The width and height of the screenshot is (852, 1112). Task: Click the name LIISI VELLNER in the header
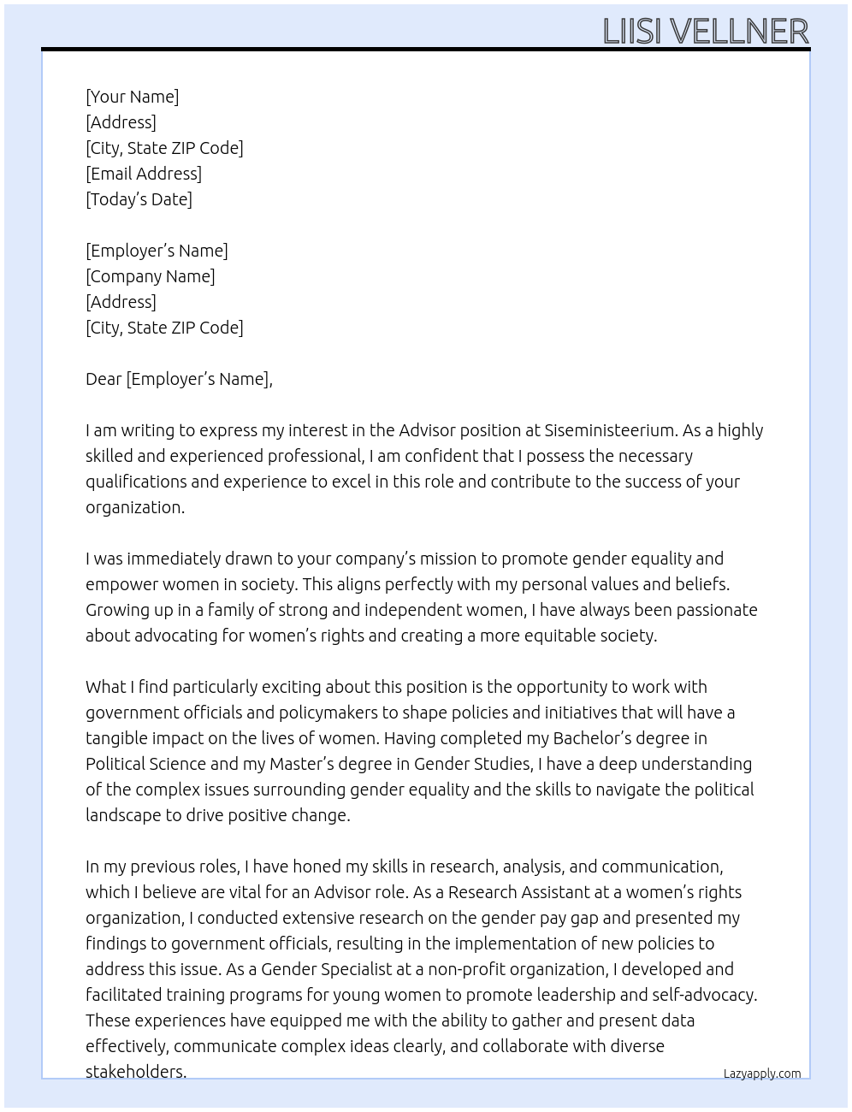[706, 32]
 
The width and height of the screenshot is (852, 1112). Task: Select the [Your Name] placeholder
[133, 97]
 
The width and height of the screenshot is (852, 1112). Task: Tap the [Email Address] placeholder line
[144, 174]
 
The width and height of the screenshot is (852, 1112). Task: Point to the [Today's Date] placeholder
[139, 199]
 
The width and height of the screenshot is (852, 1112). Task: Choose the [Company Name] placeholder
[151, 276]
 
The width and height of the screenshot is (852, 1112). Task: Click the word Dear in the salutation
[104, 379]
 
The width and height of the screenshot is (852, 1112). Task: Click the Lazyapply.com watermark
[762, 1074]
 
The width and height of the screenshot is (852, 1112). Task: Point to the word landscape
[123, 815]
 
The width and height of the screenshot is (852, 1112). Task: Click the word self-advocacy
[704, 995]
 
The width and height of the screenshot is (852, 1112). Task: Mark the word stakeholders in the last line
[135, 1072]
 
